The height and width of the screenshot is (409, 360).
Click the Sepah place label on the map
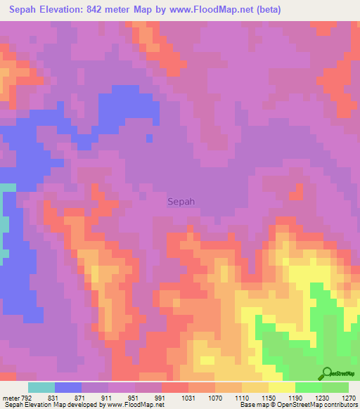[x=181, y=202]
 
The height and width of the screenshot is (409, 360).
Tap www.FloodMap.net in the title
[x=225, y=9]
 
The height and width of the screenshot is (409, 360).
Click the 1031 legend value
[x=188, y=397]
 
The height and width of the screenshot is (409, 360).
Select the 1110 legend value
[x=242, y=397]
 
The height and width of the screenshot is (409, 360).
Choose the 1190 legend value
[x=295, y=397]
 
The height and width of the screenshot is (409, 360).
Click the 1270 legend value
[x=348, y=397]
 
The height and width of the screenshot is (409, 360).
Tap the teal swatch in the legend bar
[x=41, y=387]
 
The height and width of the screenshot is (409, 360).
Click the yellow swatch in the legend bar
[x=282, y=387]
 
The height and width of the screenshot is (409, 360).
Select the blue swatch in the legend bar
[x=68, y=387]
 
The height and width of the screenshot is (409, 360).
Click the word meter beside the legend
[x=11, y=397]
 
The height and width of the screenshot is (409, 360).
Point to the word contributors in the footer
[x=339, y=405]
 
